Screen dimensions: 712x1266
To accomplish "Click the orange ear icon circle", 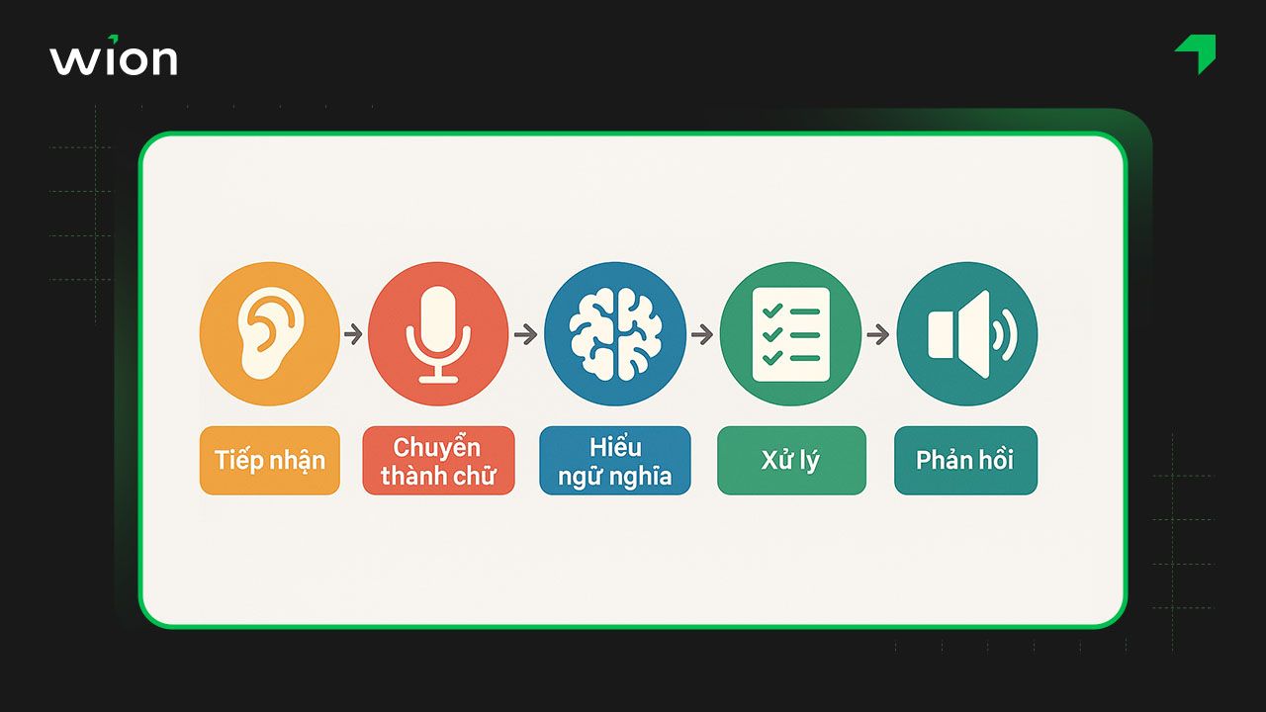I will click(269, 333).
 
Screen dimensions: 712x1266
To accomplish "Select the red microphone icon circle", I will click(438, 333).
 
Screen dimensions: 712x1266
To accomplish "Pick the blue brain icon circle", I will click(614, 333).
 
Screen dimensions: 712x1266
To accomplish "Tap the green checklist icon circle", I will click(790, 333).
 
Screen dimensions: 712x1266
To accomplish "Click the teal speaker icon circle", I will click(966, 333).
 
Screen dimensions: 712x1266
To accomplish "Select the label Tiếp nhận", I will click(269, 461).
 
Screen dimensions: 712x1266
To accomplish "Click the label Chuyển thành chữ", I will click(438, 461).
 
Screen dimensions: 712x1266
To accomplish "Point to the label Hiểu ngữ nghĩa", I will click(614, 461).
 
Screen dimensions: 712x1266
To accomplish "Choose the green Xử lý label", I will click(790, 461).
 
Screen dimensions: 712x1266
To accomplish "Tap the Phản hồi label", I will click(965, 461).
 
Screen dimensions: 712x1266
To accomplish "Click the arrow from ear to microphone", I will click(353, 335).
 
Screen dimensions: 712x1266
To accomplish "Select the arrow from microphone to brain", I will click(526, 335).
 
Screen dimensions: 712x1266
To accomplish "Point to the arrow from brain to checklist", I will click(702, 335).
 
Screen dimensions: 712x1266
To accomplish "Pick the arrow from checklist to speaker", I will click(877, 335).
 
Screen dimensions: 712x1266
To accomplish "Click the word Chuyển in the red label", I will click(437, 446).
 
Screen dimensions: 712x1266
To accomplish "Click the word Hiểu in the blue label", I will click(614, 446).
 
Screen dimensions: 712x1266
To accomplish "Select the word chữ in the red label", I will click(473, 476).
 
